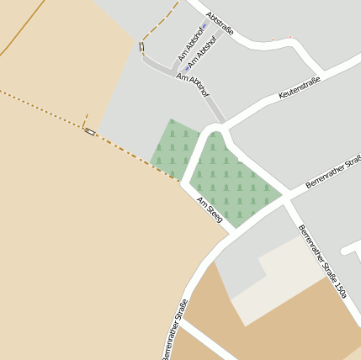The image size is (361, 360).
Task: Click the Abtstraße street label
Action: pos(219,23)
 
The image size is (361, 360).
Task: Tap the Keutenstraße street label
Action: pos(300,87)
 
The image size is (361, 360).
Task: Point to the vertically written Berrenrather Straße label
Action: pos(174,329)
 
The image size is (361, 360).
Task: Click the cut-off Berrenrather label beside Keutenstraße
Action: pos(332,172)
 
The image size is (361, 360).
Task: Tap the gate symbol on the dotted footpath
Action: pos(90,131)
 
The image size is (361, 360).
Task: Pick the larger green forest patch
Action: pos(231,181)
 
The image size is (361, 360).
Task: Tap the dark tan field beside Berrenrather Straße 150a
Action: pos(278,328)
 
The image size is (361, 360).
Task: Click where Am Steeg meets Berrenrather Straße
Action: pos(228,236)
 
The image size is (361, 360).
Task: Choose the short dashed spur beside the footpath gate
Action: pos(86,120)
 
